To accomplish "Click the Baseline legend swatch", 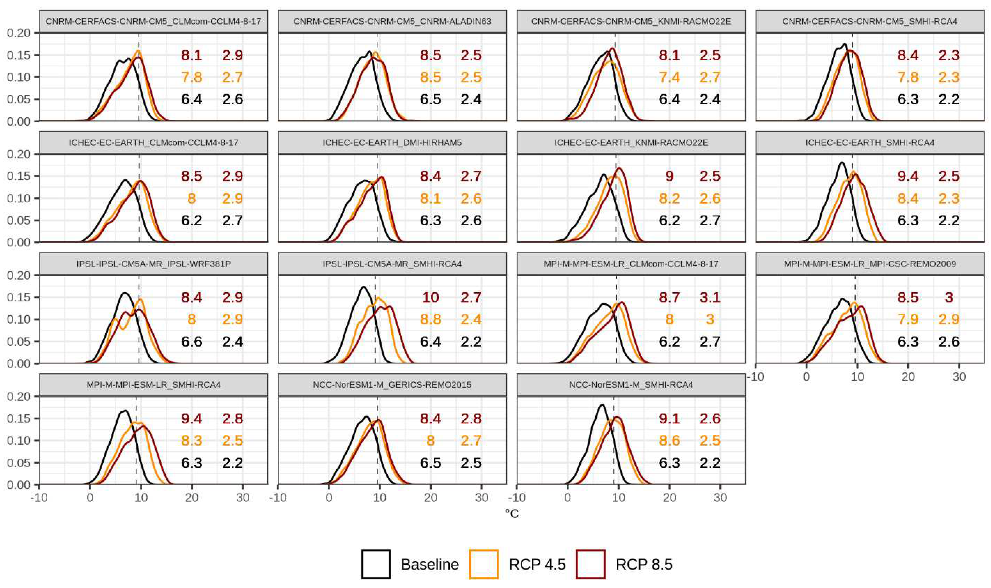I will [x=376, y=564].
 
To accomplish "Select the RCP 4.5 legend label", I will [x=537, y=564].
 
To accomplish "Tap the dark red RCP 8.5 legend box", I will [x=590, y=564].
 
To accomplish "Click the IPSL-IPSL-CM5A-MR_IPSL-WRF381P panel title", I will [x=153, y=264].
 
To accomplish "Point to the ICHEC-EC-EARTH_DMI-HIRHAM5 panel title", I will [x=392, y=142].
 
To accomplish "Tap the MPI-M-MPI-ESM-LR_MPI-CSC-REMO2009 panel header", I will [x=870, y=264].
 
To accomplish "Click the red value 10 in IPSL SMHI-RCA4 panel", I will [x=430, y=297].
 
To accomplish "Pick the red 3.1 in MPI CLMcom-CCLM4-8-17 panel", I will [x=710, y=297].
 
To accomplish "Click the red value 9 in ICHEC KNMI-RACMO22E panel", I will [x=669, y=176].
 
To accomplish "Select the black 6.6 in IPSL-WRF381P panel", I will [x=192, y=342].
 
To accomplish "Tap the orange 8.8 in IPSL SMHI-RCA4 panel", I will [x=430, y=319].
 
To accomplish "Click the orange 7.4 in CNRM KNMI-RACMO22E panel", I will [x=669, y=77].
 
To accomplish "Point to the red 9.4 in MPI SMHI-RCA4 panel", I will [x=192, y=418].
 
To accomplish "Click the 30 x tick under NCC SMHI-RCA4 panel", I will [x=720, y=498].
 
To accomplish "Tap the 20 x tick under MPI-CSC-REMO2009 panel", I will [x=908, y=376].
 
